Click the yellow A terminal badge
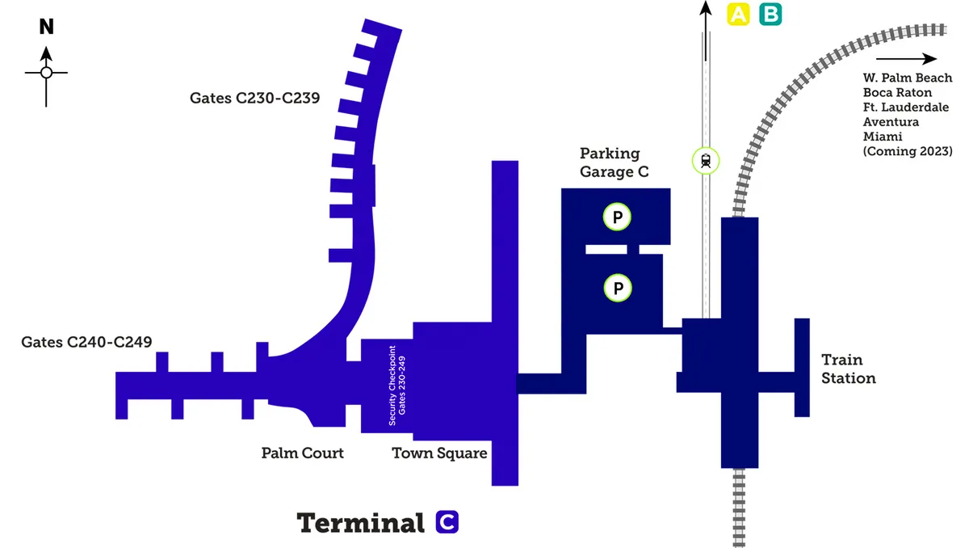(x=739, y=14)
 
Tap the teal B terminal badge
(x=770, y=14)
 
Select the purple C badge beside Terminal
(x=447, y=522)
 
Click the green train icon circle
(x=706, y=160)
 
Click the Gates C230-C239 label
(x=255, y=99)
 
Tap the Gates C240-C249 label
(x=86, y=342)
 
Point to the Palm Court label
(x=302, y=453)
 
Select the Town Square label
(x=439, y=453)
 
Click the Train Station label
(x=848, y=369)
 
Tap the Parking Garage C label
(x=614, y=162)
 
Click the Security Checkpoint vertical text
(x=397, y=386)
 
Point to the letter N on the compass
(x=47, y=27)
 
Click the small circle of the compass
(x=46, y=73)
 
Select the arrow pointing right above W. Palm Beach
(x=906, y=59)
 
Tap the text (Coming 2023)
(x=907, y=151)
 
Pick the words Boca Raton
(x=896, y=93)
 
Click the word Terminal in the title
(x=361, y=523)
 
